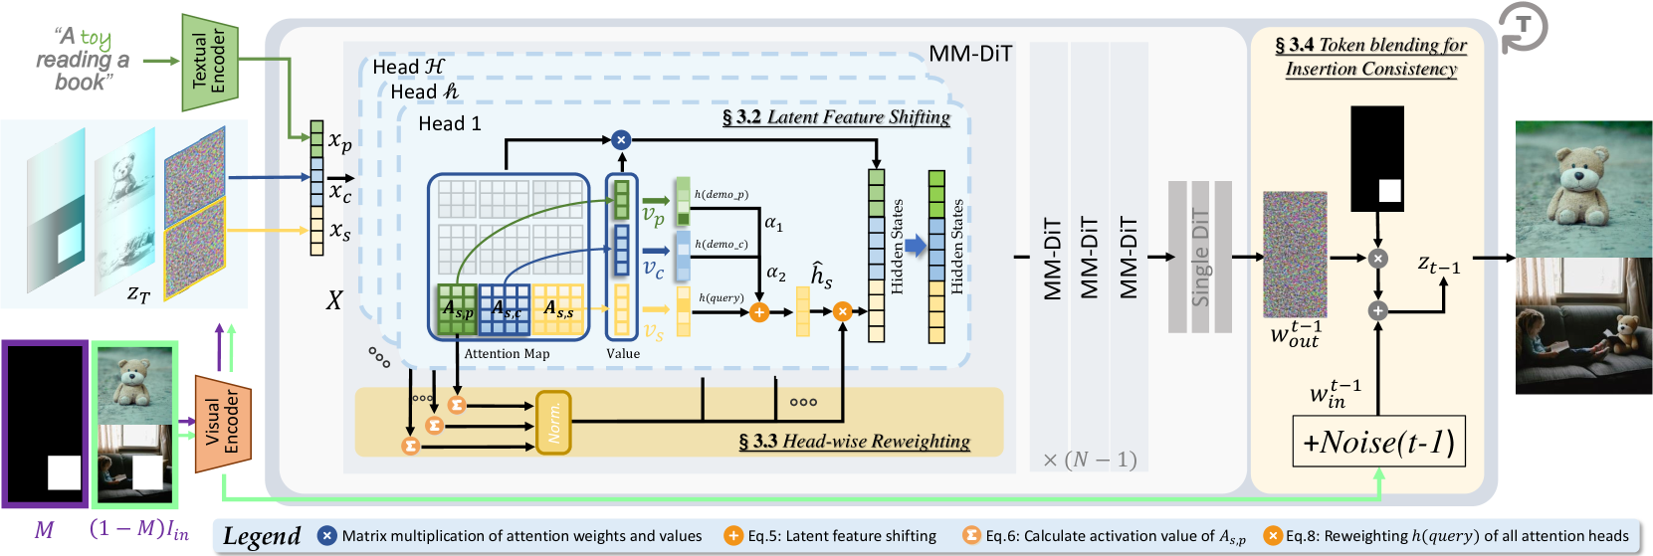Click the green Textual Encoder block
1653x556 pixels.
click(210, 62)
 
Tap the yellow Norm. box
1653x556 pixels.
click(553, 423)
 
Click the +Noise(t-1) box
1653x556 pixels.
click(1377, 442)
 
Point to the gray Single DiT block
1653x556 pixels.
click(1199, 257)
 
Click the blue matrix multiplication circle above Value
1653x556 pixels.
click(621, 140)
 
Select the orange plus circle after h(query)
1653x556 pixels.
click(759, 312)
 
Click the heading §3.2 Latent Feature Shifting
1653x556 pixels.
click(836, 117)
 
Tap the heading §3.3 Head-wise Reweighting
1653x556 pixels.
click(854, 442)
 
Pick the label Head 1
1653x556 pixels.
click(449, 123)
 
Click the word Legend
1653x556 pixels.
click(262, 536)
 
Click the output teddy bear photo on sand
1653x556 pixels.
click(1582, 188)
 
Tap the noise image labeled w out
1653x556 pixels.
click(1295, 255)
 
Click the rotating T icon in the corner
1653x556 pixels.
click(1523, 27)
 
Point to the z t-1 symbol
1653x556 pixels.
click(1438, 265)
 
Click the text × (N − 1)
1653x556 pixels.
click(1089, 460)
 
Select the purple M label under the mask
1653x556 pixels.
click(44, 529)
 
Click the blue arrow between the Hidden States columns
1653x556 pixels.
click(914, 246)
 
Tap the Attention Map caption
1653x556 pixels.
click(507, 354)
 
